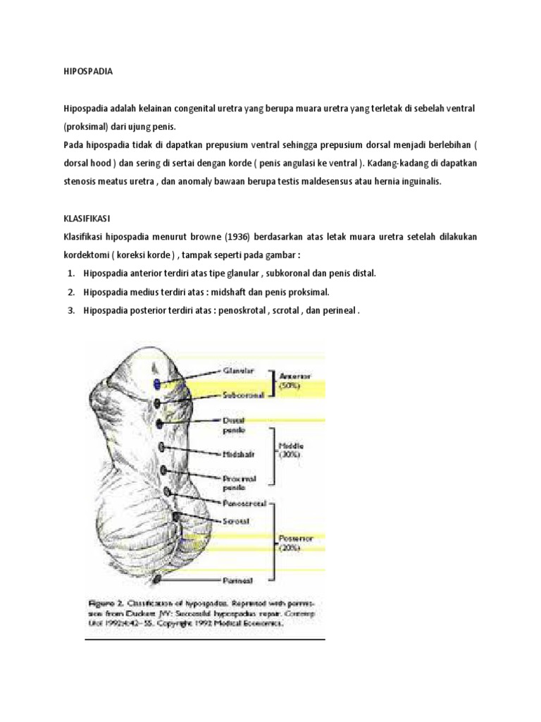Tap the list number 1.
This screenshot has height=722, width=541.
pos(71,273)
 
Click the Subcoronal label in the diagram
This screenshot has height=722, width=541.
pos(242,396)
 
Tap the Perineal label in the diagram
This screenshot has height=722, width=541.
pos(239,581)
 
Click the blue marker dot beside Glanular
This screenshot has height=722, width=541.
pos(156,383)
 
